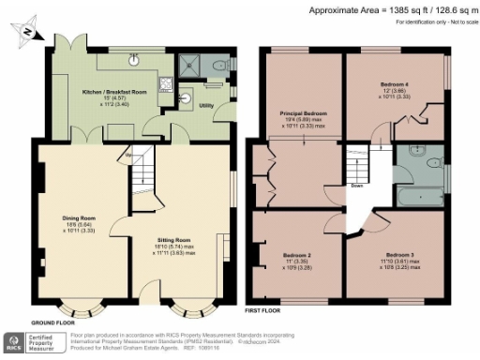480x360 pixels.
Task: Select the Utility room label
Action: [205, 106]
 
